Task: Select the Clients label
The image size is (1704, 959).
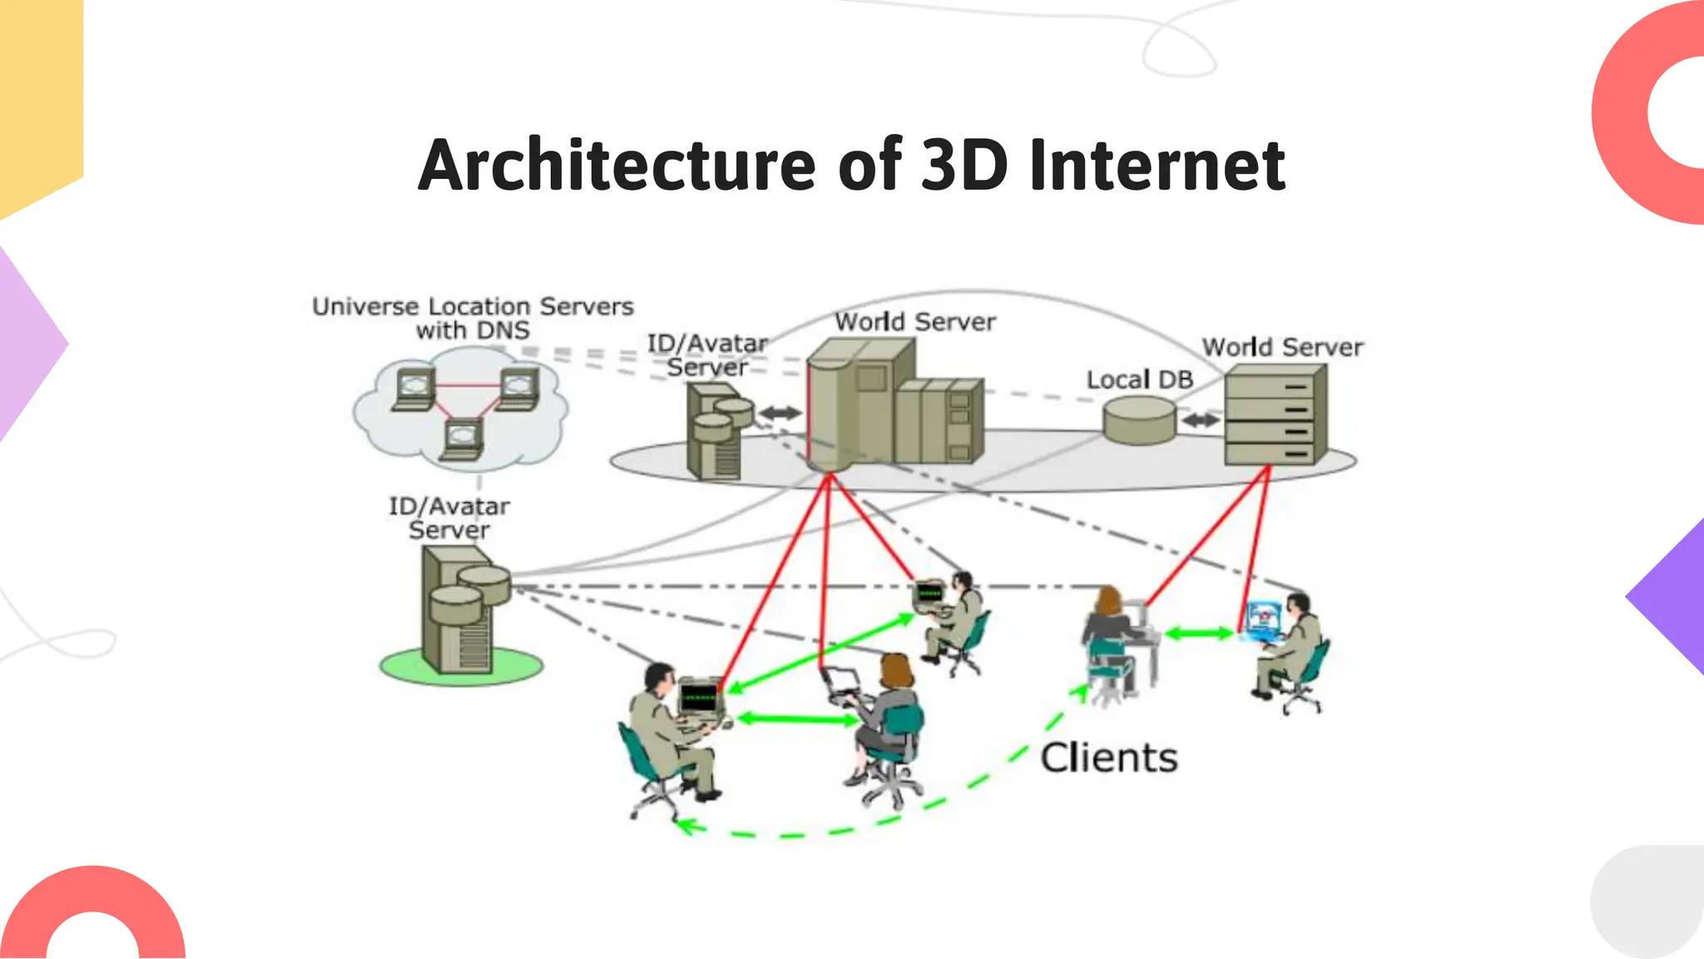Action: [x=1108, y=758]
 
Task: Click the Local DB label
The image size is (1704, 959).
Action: [x=1139, y=380]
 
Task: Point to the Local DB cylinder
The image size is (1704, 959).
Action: [x=1139, y=420]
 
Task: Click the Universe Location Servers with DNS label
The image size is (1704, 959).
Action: [x=473, y=318]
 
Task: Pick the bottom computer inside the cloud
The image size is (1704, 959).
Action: [x=463, y=440]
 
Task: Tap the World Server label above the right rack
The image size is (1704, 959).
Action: [x=1282, y=347]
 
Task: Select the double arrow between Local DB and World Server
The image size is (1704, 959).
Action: [x=1200, y=420]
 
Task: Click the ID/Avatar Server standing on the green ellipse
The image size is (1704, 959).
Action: [x=463, y=609]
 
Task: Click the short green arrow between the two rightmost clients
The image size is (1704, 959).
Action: [x=1198, y=634]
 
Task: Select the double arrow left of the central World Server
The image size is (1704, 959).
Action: [x=780, y=412]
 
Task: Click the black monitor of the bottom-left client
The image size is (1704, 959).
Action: [x=699, y=696]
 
